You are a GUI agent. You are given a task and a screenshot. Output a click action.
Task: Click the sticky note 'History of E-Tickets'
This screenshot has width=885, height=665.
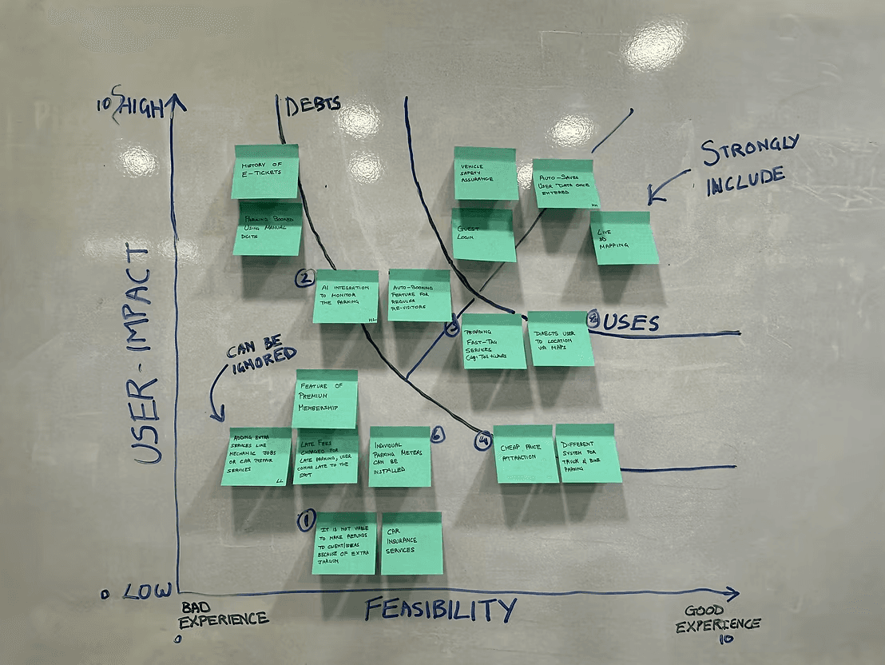(266, 171)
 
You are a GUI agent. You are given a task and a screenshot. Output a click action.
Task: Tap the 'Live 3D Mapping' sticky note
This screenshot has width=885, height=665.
(625, 237)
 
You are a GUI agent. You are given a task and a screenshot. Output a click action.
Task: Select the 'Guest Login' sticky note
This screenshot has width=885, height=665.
(483, 234)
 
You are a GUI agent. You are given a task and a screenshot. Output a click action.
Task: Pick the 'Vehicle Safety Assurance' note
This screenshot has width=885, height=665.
(485, 173)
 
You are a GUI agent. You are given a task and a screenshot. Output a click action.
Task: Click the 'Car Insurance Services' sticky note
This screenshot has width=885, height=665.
(411, 543)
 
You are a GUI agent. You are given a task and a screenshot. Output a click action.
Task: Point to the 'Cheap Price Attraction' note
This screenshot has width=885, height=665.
(526, 453)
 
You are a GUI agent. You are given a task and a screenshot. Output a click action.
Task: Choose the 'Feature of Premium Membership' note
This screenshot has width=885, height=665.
(326, 398)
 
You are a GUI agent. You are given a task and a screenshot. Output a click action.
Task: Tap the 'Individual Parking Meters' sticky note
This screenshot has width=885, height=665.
(399, 456)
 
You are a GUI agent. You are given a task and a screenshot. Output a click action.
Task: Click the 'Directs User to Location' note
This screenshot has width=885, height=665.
(561, 338)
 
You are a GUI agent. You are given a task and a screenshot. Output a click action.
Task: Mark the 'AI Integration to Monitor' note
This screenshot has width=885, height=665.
(345, 296)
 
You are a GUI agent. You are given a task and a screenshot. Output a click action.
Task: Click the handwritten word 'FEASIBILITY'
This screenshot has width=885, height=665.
(440, 610)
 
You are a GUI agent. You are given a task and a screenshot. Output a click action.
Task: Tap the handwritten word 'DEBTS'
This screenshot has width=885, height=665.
(313, 105)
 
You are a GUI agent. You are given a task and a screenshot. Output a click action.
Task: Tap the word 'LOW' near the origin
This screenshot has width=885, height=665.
(148, 592)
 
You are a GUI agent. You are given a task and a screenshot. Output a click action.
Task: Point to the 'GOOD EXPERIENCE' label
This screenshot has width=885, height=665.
(717, 618)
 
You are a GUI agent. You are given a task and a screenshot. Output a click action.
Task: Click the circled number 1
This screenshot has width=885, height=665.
(305, 520)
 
